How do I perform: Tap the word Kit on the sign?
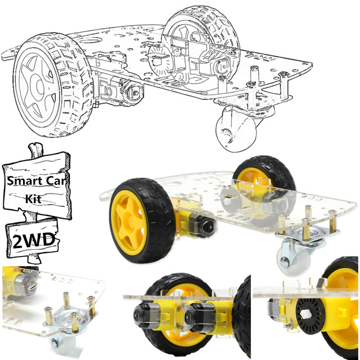(34, 199)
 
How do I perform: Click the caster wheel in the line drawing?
(236, 131)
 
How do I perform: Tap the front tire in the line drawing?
(53, 85)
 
